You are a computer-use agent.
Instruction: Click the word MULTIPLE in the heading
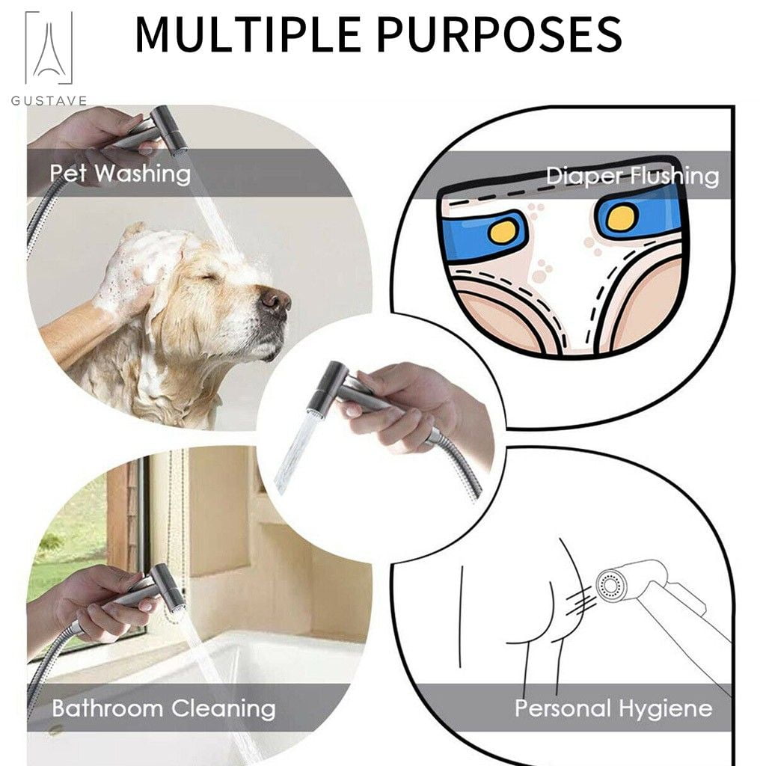tap(248, 34)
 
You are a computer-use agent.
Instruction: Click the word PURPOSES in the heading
tap(499, 34)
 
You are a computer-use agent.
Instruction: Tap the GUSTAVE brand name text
tap(49, 101)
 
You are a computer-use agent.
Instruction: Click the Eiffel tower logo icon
tap(49, 48)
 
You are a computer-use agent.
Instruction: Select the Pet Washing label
tap(120, 174)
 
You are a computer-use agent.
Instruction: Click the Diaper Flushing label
tap(632, 176)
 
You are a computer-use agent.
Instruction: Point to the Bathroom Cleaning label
tap(164, 708)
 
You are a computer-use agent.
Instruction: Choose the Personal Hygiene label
tap(613, 708)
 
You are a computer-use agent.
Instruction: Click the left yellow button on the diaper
tap(503, 230)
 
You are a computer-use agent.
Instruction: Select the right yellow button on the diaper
tap(620, 218)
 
